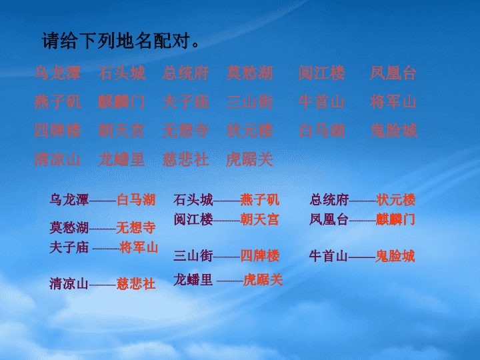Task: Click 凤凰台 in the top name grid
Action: [x=393, y=73]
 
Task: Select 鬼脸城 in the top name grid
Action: [x=393, y=131]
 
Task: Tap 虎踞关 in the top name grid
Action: [x=249, y=159]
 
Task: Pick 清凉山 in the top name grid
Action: [x=57, y=159]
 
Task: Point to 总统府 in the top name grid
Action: [x=185, y=73]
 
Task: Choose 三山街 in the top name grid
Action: [x=249, y=102]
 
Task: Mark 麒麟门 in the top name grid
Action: [x=121, y=102]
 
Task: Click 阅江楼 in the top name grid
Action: [x=322, y=73]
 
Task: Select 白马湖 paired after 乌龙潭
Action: [x=136, y=200]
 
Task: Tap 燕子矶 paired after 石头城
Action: [x=259, y=200]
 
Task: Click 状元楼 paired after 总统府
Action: [x=396, y=200]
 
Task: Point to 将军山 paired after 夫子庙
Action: [x=139, y=247]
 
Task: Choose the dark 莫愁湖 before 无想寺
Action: [x=69, y=228]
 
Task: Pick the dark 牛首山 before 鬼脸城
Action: [x=328, y=256]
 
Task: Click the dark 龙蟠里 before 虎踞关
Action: [x=193, y=280]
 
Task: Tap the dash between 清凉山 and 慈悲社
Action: [x=102, y=285]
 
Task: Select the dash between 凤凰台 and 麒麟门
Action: [x=363, y=221]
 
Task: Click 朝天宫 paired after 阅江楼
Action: [x=259, y=219]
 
